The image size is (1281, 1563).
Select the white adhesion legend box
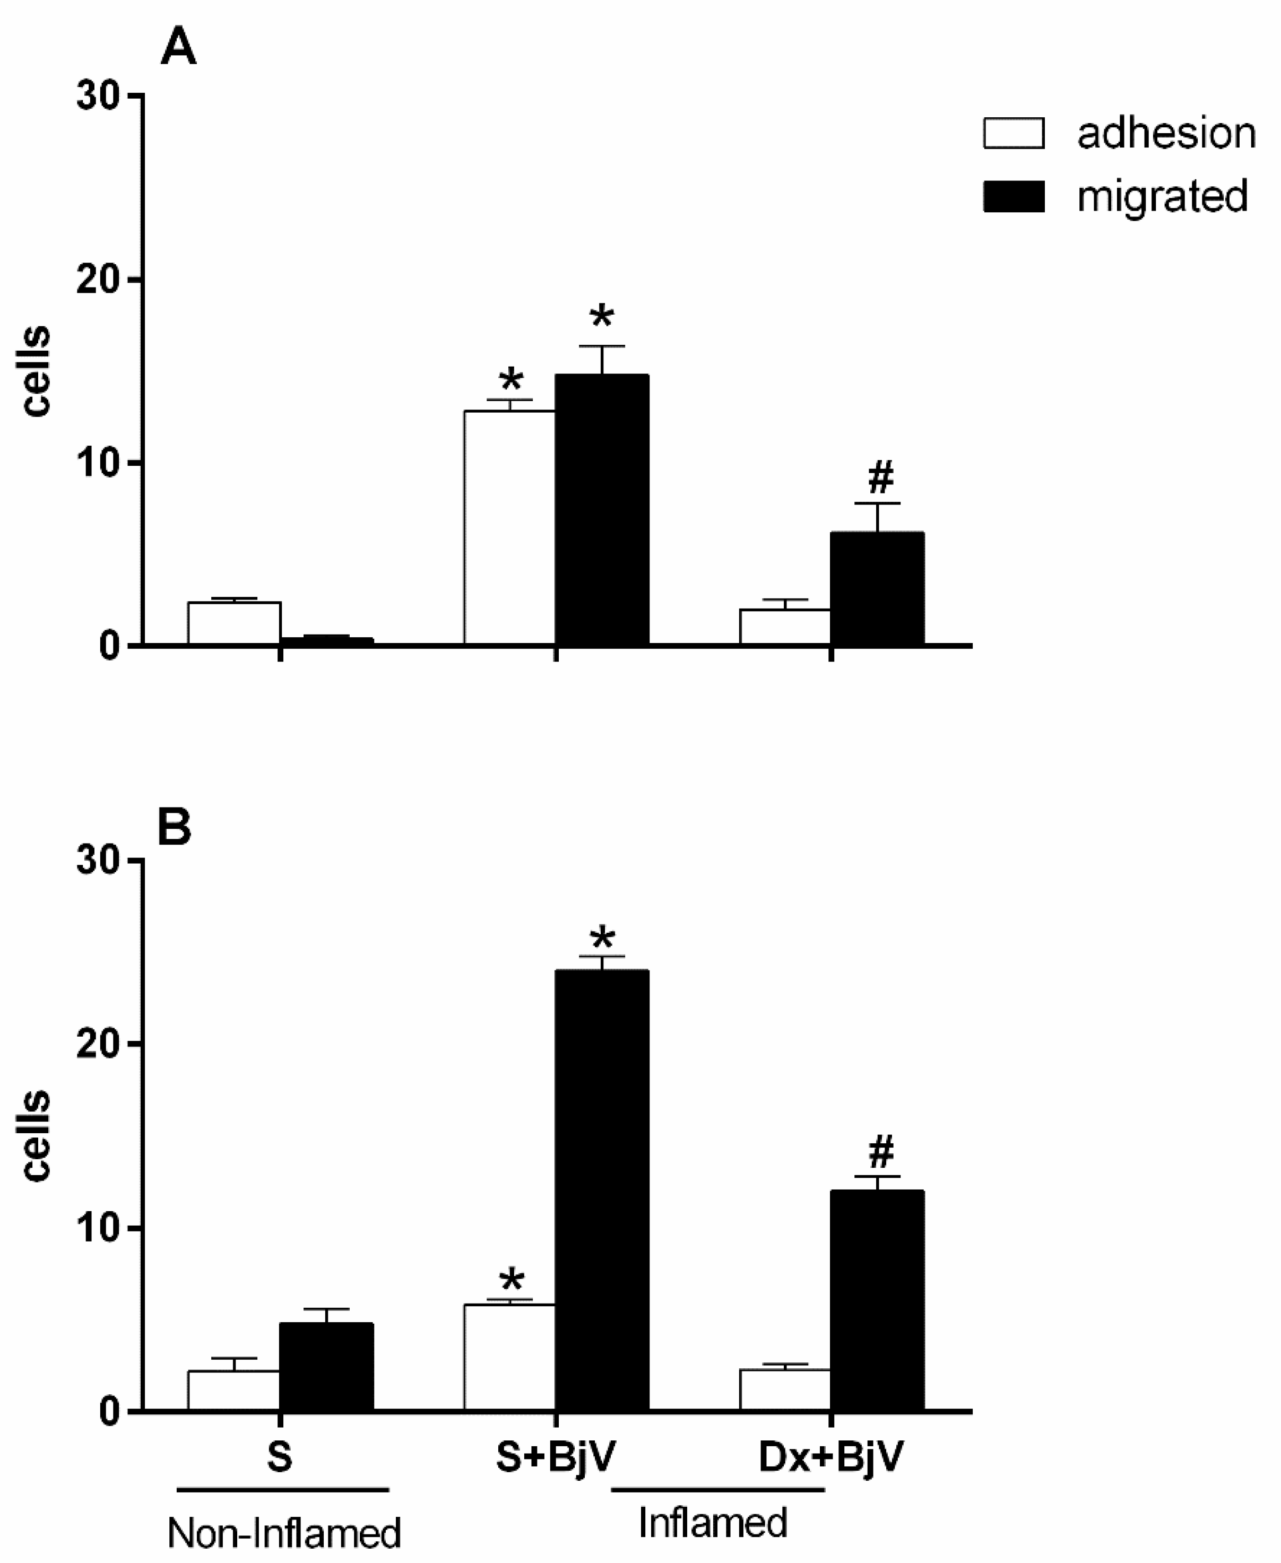pos(1013,134)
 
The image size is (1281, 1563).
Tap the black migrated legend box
pos(1013,197)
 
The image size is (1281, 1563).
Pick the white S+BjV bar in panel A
pos(509,527)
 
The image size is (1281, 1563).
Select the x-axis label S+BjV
pos(555,1457)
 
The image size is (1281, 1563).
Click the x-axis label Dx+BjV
pos(830,1457)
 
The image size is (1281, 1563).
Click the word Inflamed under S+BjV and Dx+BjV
pos(713,1523)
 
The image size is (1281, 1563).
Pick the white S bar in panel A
pos(234,623)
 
